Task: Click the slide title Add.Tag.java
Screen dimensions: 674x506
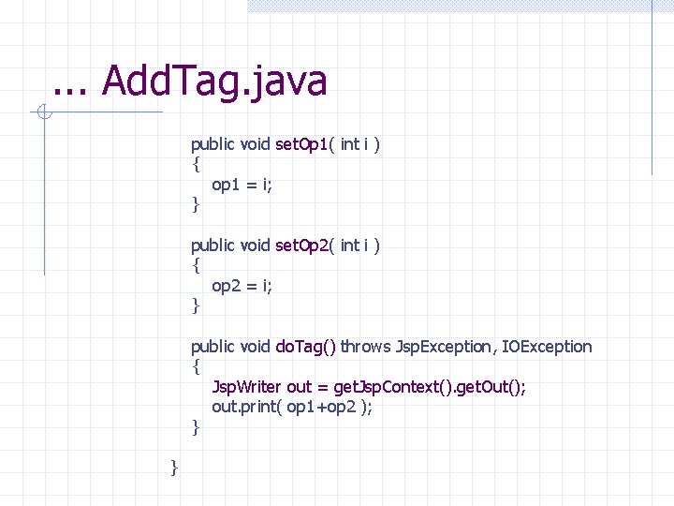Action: coord(214,81)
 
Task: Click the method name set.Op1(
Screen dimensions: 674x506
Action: coord(305,144)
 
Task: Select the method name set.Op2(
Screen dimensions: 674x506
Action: coord(305,246)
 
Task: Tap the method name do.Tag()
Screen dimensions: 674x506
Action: coord(305,347)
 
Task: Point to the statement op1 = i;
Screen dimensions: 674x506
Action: coord(242,185)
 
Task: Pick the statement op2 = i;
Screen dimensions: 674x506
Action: coord(242,286)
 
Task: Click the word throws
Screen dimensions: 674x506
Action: coord(365,347)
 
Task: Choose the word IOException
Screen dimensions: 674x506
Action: coord(548,347)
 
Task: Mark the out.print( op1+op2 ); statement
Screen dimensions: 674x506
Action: coord(292,407)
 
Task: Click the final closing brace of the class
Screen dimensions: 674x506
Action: coord(174,467)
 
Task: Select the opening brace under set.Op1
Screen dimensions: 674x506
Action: coord(196,165)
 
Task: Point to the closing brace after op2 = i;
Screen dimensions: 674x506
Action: coord(196,305)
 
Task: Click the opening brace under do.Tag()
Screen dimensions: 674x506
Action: coord(196,366)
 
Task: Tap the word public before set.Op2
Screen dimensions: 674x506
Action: coord(213,246)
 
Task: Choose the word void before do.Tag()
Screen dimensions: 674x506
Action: coord(256,347)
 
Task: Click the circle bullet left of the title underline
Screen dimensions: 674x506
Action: coord(44,113)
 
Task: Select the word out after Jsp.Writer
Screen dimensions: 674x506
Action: coord(300,387)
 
